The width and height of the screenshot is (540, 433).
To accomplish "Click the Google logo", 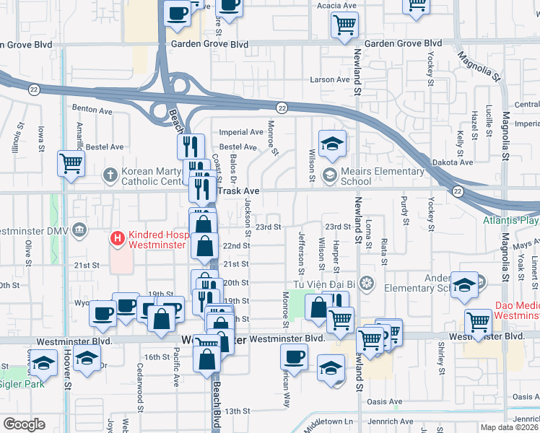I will click(x=24, y=424).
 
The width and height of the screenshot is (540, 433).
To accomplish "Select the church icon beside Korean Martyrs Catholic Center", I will click(x=109, y=174).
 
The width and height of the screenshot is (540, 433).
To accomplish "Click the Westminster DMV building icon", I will click(x=79, y=231).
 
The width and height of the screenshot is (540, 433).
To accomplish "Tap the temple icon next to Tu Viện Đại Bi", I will click(x=367, y=281).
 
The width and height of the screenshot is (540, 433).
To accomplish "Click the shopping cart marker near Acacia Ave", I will click(x=344, y=25).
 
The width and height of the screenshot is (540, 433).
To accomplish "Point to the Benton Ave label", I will click(x=92, y=111).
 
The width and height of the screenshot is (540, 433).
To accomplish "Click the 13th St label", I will click(x=236, y=411).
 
